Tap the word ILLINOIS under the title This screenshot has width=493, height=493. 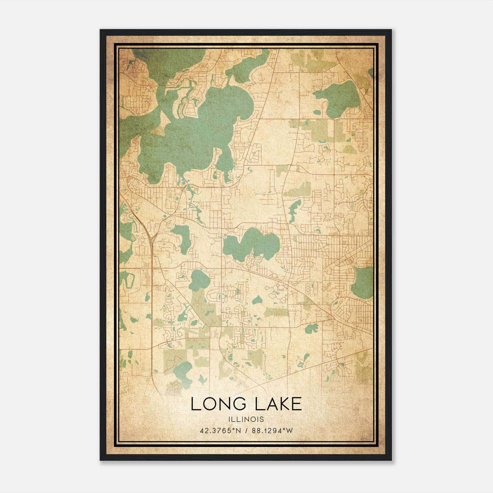point(246,419)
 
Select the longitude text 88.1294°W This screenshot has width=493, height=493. point(272,431)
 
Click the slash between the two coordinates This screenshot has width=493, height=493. point(246,431)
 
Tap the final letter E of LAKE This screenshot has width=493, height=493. point(297,404)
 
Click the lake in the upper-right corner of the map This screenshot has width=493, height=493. point(339,99)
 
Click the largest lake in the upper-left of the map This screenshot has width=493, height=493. point(197,132)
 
